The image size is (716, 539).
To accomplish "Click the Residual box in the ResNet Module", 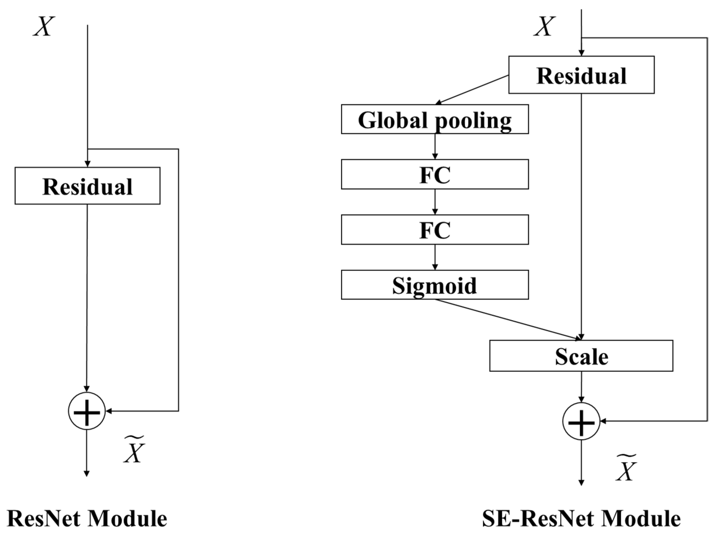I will [x=87, y=186].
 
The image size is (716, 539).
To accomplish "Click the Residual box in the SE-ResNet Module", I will [x=581, y=75].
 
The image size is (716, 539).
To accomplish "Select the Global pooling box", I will [x=435, y=119].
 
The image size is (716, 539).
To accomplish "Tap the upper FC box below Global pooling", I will [x=435, y=174].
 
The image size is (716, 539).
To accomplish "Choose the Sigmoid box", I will [x=435, y=285].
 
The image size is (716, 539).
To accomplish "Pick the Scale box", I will [x=581, y=356].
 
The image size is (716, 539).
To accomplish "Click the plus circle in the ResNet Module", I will [x=87, y=411].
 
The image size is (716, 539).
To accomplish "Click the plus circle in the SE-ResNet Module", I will [x=581, y=421].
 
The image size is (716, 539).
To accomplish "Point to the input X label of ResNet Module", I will [x=44, y=27].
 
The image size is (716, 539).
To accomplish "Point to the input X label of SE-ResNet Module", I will [x=545, y=27].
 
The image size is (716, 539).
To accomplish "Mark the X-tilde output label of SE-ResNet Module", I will [x=626, y=468].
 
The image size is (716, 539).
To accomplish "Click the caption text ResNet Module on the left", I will [x=87, y=519].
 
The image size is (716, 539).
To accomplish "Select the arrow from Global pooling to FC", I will [x=435, y=146].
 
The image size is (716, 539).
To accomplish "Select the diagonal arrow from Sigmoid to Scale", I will [x=508, y=319].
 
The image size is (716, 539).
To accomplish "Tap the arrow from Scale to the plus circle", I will [x=581, y=387].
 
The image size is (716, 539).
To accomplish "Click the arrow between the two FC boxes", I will [x=435, y=202].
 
